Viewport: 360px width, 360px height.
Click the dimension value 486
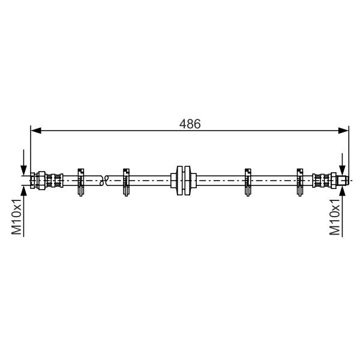click(190, 124)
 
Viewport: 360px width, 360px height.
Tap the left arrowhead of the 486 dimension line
click(36, 131)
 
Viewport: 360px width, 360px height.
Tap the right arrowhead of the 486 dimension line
click(343, 131)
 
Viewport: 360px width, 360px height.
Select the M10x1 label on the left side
click(17, 217)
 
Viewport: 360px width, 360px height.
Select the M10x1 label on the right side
click(335, 217)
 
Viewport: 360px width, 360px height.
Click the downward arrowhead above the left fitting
click(23, 170)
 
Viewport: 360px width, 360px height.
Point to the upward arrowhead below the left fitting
click(23, 191)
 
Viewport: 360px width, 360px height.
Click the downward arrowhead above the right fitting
click(343, 170)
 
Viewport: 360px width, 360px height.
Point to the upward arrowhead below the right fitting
click(343, 191)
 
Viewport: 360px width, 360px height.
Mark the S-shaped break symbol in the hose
click(104, 181)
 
